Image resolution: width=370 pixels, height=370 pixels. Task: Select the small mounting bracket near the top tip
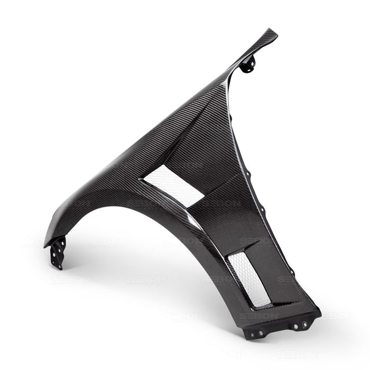point(247,64)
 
